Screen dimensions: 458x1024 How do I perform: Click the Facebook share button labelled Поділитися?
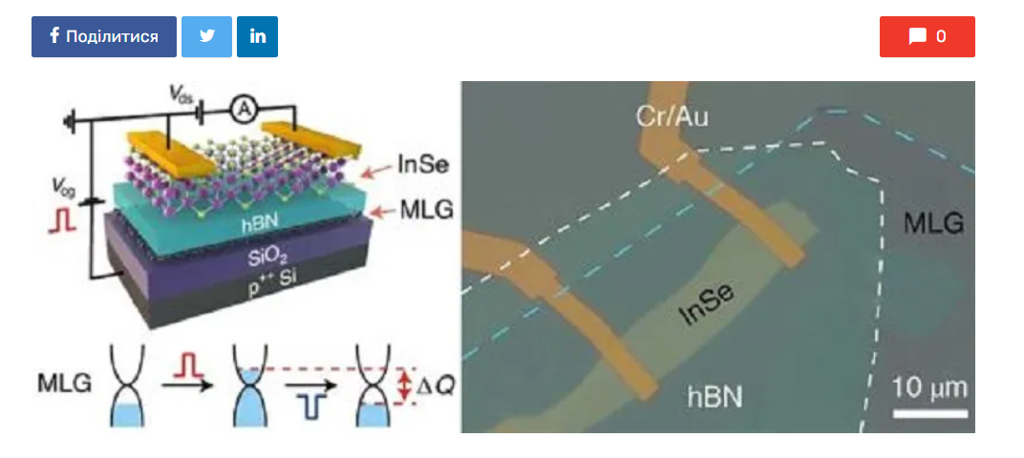104,36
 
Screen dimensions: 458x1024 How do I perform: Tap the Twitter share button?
206,36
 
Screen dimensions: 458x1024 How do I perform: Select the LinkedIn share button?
258,36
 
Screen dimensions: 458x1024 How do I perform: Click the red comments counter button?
927,36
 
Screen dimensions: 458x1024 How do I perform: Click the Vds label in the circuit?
182,94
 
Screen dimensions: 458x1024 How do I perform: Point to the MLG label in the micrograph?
933,224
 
